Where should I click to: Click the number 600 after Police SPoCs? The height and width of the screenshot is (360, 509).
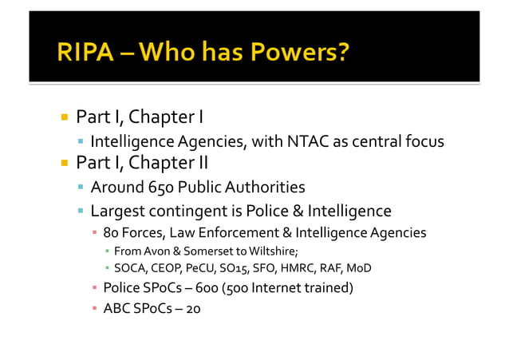(211, 287)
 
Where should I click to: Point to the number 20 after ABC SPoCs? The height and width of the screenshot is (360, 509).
(193, 308)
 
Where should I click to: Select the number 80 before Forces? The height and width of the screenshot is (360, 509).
(112, 233)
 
